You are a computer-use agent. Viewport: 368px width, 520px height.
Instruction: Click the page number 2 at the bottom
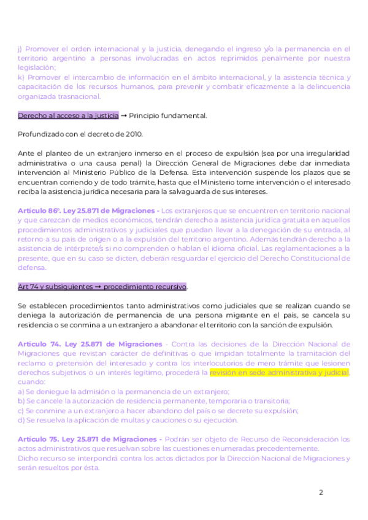coord(321,492)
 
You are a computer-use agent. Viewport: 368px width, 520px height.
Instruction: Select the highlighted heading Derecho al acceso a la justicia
coord(68,115)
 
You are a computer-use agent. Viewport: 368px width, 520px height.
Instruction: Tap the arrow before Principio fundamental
coord(124,115)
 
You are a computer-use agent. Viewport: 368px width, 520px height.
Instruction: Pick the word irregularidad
coord(322,153)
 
